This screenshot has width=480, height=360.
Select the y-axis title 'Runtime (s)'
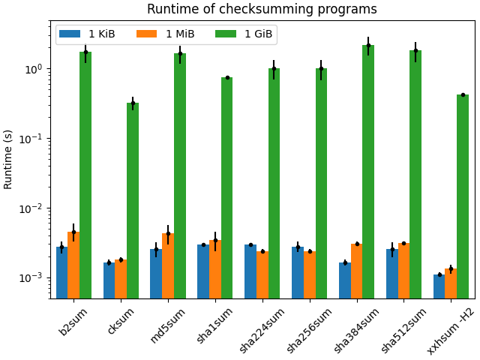pyautogui.click(x=8, y=159)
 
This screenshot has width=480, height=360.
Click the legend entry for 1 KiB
pyautogui.click(x=88, y=34)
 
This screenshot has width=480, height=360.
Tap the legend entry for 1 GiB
pyautogui.click(x=244, y=34)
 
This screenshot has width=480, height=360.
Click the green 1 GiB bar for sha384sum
pyautogui.click(x=368, y=172)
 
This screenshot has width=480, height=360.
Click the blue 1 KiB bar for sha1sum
pyautogui.click(x=203, y=271)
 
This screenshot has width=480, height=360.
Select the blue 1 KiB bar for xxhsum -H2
pyautogui.click(x=439, y=286)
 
